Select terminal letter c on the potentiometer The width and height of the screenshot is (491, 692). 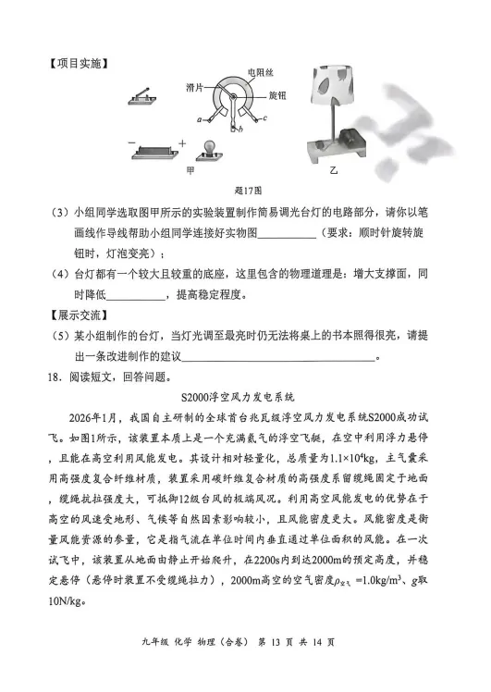coord(265,119)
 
